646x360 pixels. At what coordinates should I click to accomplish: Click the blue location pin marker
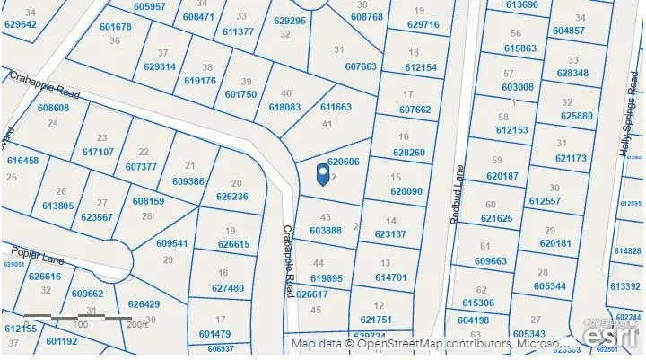tap(324, 173)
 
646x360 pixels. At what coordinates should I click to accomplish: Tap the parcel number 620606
tap(343, 162)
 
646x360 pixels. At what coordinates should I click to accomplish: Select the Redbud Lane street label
tap(455, 195)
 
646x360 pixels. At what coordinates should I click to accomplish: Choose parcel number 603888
tap(326, 231)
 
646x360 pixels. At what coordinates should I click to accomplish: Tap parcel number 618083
tap(284, 106)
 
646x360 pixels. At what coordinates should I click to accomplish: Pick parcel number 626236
tap(231, 196)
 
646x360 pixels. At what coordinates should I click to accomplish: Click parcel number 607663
tap(361, 66)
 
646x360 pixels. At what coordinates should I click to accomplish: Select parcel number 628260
tap(408, 153)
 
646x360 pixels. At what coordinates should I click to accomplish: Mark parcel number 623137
tap(390, 233)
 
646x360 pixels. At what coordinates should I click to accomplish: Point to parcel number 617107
tap(98, 152)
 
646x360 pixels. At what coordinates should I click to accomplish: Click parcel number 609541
tap(171, 243)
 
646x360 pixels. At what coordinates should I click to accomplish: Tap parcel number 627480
tap(228, 288)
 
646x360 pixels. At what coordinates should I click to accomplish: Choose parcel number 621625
tap(496, 218)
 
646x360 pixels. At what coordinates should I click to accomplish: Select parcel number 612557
tap(555, 200)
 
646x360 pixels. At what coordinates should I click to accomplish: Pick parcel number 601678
tap(116, 27)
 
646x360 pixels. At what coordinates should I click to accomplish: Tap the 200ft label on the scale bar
tap(137, 325)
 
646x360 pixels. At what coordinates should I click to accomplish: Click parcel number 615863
tap(520, 48)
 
